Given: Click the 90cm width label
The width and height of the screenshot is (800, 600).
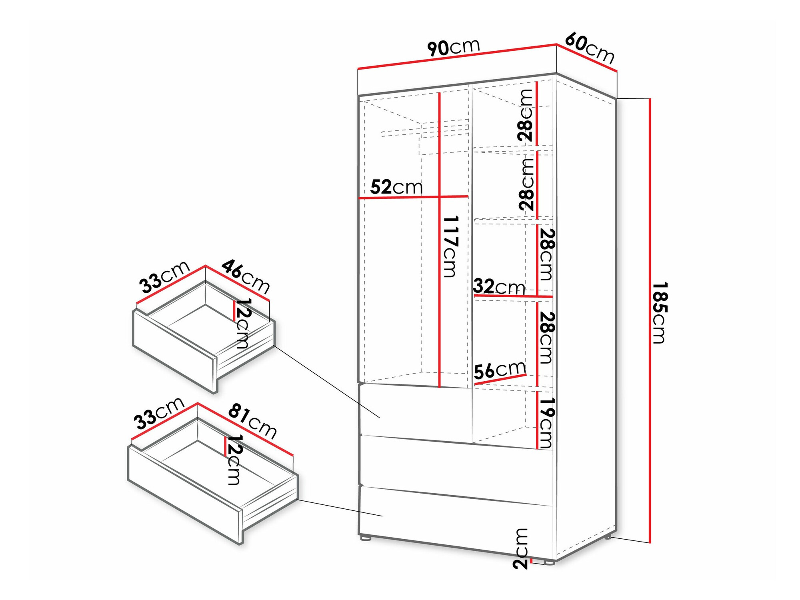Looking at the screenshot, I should point(453,48).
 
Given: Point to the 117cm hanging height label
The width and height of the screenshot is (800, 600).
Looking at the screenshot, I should point(451,246).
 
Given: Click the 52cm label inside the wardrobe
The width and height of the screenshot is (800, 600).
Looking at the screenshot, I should point(396,187).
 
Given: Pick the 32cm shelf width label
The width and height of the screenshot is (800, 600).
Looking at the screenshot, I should point(499,287).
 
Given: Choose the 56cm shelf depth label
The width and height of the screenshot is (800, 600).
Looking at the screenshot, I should point(500,370).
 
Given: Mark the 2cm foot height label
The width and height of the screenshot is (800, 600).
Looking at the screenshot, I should point(521,548).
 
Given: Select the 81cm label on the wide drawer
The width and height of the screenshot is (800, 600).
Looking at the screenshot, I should point(252,422).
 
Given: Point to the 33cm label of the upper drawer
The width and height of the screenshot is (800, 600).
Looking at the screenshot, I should point(164,276).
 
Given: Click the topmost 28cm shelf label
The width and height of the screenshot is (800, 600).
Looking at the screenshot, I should point(525,115).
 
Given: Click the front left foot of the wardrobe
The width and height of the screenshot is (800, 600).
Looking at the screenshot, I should point(365,538).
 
